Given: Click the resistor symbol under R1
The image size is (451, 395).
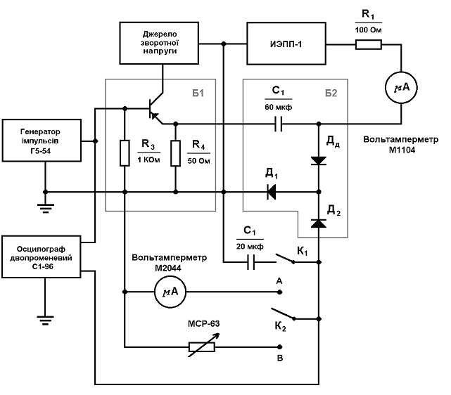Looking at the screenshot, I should pyautogui.click(x=368, y=45).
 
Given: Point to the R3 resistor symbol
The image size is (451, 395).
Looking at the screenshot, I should pyautogui.click(x=125, y=153).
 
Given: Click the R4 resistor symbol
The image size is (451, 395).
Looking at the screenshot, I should pyautogui.click(x=175, y=153).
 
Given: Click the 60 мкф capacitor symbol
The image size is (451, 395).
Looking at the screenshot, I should pyautogui.click(x=277, y=124).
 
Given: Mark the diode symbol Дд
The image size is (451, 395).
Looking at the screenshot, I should pyautogui.click(x=318, y=161).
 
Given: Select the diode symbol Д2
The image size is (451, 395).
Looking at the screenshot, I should pyautogui.click(x=318, y=223).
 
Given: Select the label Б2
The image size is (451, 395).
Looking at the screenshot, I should pyautogui.click(x=331, y=92).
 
